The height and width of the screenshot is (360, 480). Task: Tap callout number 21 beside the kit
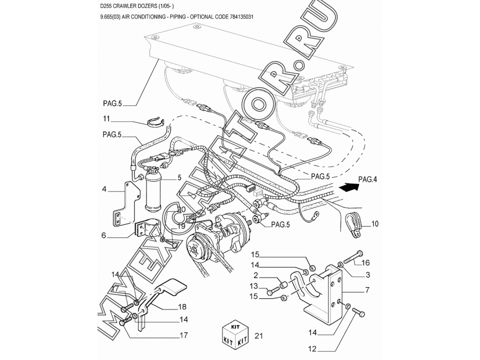(258, 336)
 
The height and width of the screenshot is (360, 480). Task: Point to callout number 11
(106, 118)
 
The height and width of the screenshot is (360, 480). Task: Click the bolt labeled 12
(358, 313)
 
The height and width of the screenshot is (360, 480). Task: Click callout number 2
(255, 275)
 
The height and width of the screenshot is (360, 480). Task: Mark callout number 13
(254, 286)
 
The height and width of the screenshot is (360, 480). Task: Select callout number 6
(103, 234)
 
